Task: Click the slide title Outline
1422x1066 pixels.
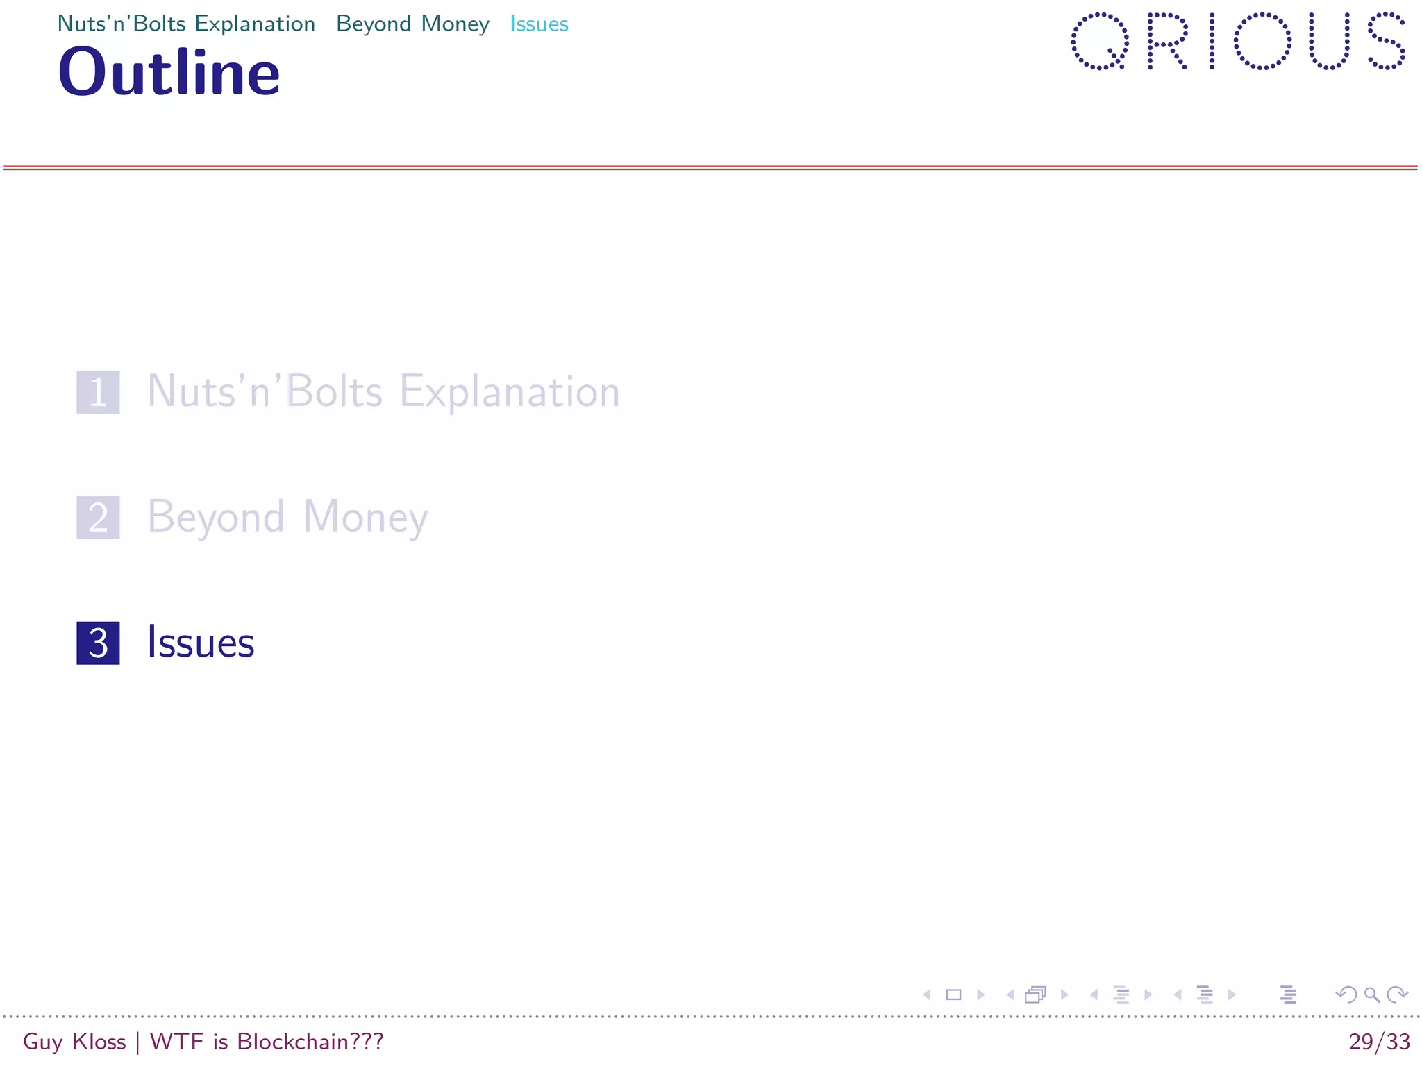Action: coord(169,72)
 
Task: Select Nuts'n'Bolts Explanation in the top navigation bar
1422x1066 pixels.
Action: coord(186,24)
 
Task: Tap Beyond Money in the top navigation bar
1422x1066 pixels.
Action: coord(412,24)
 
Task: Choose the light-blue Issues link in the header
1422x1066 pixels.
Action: coord(539,24)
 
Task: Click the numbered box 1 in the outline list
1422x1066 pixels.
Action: coord(98,392)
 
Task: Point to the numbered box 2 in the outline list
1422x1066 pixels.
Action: coord(98,518)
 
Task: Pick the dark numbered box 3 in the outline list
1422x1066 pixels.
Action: coord(98,643)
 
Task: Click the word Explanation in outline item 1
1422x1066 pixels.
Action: coord(509,392)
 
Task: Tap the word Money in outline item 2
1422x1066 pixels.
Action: coord(365,518)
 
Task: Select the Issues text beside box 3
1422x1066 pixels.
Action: coord(201,643)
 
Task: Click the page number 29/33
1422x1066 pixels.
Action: coord(1379,1042)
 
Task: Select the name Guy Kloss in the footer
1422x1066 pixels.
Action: coord(74,1042)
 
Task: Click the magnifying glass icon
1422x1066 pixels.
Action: coord(1371,995)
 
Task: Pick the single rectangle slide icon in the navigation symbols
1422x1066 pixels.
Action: coord(953,995)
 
